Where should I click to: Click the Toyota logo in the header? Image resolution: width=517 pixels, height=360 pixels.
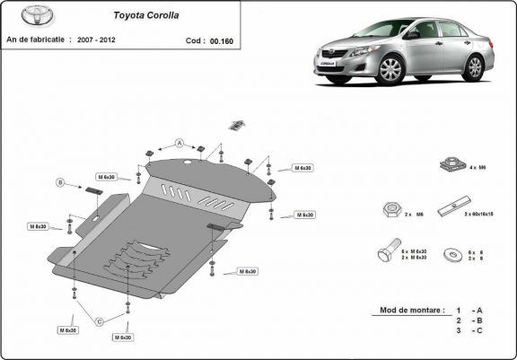(25, 18)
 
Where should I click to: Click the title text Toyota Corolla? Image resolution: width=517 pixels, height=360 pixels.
(144, 15)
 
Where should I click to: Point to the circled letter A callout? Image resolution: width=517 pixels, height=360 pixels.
(180, 143)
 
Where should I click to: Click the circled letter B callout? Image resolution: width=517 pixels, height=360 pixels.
(61, 183)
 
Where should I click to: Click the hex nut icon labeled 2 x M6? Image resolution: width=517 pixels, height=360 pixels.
(390, 209)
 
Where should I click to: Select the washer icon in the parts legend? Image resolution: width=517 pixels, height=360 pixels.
(449, 255)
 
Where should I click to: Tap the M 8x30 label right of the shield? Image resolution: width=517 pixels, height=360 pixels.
(247, 271)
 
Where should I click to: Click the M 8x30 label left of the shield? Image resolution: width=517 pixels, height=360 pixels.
(38, 226)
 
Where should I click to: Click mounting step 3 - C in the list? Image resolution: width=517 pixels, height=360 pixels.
(471, 331)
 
